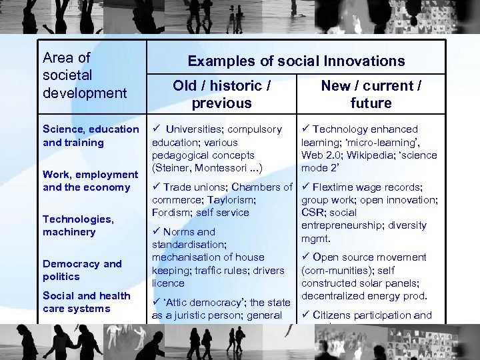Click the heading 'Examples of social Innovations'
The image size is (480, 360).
tap(296, 61)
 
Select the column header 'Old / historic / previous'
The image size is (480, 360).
tap(221, 94)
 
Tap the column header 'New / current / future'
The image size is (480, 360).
tap(371, 94)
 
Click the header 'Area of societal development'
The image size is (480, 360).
tap(84, 75)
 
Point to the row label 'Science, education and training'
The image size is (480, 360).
tap(91, 135)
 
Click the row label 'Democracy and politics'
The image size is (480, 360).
tap(82, 270)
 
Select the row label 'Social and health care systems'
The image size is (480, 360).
tap(86, 302)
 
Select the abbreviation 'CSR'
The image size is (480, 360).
tap(313, 213)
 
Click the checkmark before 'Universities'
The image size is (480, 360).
tap(157, 129)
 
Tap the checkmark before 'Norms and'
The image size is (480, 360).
tap(157, 231)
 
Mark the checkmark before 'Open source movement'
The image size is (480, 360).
tap(306, 257)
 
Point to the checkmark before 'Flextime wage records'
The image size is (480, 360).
tap(306, 187)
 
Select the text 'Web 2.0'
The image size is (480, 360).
tap(320, 155)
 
